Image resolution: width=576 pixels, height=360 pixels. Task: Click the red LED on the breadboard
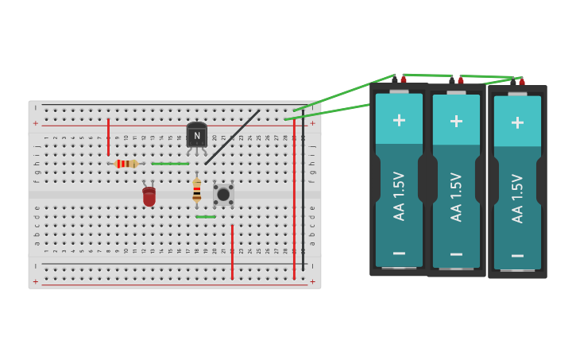click(149, 196)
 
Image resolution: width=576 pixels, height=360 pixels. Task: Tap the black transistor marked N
click(197, 135)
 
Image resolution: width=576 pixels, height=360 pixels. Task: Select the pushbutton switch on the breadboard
click(223, 194)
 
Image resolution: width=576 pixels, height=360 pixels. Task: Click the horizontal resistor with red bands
click(126, 164)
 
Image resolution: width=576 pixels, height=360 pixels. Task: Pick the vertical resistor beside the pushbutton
click(197, 190)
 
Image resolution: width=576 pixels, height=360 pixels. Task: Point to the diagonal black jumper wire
click(232, 137)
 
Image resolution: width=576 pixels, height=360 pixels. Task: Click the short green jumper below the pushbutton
click(206, 216)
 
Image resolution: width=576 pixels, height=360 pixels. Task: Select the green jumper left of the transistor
click(170, 164)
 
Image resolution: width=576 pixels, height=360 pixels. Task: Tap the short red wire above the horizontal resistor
click(108, 137)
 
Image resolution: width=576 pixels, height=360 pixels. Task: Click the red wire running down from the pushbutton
click(232, 251)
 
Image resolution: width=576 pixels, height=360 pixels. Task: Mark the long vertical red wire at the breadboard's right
click(294, 199)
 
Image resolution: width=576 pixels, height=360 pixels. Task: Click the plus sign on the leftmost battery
click(399, 120)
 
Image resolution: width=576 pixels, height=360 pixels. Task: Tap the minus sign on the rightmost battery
click(517, 255)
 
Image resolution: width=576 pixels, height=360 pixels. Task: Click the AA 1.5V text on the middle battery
click(456, 196)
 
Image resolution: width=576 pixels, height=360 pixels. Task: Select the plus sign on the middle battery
click(456, 121)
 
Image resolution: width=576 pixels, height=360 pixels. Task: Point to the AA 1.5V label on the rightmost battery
click(517, 198)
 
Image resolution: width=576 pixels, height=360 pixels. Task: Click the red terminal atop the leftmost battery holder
click(404, 79)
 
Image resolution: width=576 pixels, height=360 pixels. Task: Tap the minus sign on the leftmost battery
click(399, 253)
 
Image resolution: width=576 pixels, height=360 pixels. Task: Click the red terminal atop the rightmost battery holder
click(522, 82)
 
